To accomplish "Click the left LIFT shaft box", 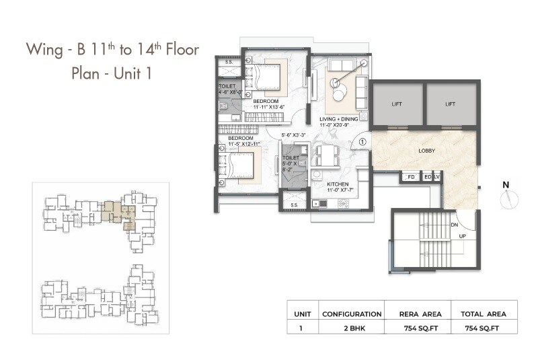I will (x=397, y=104).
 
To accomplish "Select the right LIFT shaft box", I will (x=451, y=104).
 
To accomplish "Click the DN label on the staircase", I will (x=455, y=225).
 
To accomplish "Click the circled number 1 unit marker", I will (x=362, y=142).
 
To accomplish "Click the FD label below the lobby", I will (x=411, y=178).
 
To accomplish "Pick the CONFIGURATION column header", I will (x=352, y=314).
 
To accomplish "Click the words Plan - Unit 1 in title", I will (x=111, y=73).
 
